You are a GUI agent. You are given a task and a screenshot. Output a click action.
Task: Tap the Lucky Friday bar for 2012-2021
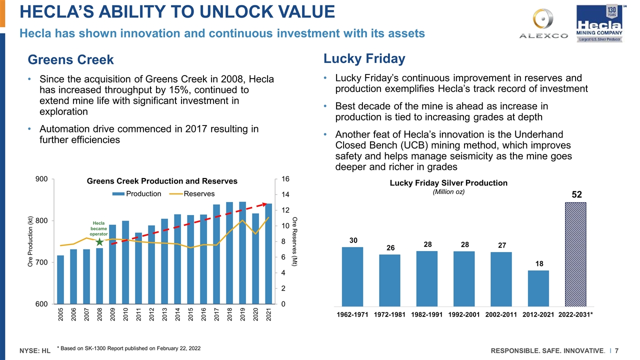pos(539,288)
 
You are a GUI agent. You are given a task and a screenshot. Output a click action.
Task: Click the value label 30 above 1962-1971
pos(353,240)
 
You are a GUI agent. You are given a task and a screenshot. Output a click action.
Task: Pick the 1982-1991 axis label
pos(427,315)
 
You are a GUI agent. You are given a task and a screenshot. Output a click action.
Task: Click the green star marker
pos(99,242)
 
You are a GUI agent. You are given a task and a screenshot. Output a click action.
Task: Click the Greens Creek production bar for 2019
pos(242,253)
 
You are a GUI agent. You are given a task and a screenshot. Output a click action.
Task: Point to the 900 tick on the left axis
pos(41,179)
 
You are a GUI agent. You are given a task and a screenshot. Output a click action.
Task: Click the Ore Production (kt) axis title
pos(31,241)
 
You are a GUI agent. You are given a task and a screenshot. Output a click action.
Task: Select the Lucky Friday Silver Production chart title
pos(448,183)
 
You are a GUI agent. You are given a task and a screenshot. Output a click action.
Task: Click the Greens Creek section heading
pos(71,60)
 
